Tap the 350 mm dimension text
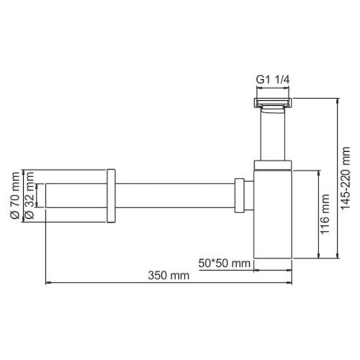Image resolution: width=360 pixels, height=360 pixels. click(x=168, y=275)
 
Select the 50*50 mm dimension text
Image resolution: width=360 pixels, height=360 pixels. click(x=224, y=263)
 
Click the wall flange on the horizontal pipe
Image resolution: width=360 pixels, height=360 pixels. click(x=111, y=195)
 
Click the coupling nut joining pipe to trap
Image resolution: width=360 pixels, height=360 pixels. click(x=241, y=195)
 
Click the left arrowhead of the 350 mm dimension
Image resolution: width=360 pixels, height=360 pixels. click(x=48, y=282)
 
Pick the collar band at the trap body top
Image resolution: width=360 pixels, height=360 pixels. click(x=273, y=164)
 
